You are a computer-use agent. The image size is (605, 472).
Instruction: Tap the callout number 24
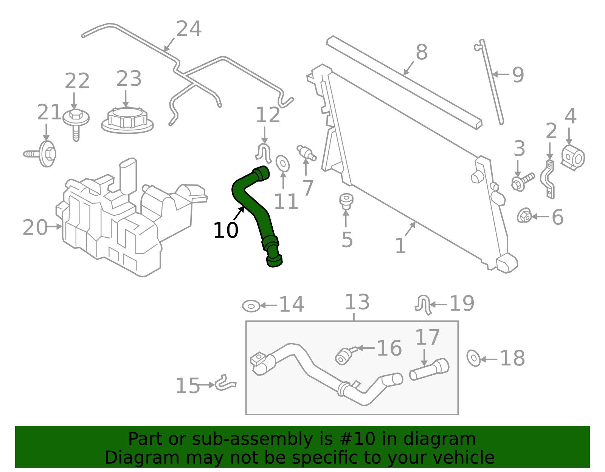(189, 29)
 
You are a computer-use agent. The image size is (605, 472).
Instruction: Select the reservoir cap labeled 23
(127, 120)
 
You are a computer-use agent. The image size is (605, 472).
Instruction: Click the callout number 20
(34, 227)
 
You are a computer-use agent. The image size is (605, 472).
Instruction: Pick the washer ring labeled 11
(282, 163)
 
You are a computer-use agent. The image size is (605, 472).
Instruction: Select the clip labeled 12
(264, 152)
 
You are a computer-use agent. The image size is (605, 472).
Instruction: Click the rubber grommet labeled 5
(346, 201)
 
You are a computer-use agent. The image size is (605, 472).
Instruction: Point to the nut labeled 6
(524, 216)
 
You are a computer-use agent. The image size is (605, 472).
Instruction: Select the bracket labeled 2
(548, 180)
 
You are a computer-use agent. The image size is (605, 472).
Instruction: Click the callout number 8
(421, 52)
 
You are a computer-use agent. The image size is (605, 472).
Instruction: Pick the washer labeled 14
(251, 306)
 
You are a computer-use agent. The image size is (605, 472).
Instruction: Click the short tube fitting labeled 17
(429, 369)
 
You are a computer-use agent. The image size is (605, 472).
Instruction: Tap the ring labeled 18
(473, 357)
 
